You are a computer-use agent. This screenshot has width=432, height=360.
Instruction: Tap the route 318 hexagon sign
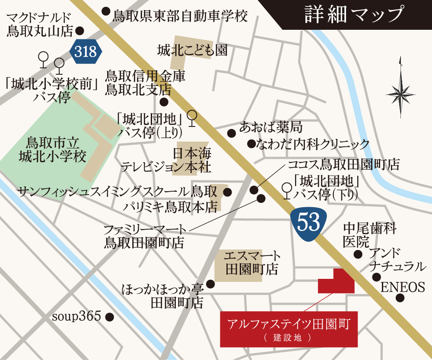click(x=86, y=51)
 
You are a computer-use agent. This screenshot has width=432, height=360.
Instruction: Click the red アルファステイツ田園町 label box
click(x=289, y=328)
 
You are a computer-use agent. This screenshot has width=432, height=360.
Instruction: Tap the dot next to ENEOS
click(x=400, y=297)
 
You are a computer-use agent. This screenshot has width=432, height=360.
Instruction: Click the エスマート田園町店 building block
click(x=238, y=265)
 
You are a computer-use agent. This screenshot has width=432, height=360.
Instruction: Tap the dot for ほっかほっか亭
click(x=210, y=284)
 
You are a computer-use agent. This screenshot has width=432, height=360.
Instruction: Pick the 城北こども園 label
click(x=192, y=51)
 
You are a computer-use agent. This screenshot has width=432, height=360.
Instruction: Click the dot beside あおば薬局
click(x=232, y=132)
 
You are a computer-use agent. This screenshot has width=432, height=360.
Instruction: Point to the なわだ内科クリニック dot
click(x=251, y=144)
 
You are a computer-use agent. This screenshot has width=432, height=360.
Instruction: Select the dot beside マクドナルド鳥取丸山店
click(x=79, y=31)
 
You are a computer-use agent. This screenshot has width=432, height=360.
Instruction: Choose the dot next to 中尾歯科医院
click(x=358, y=254)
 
